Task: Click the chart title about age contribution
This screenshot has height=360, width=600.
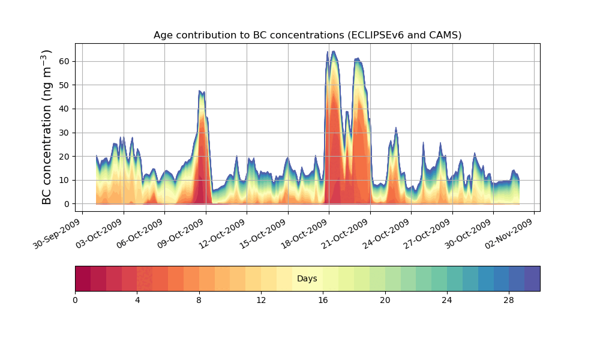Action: point(307,35)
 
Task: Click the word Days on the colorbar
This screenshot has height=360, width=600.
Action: point(307,279)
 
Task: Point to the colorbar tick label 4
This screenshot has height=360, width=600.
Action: point(137,300)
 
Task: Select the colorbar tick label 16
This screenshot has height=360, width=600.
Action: point(323,300)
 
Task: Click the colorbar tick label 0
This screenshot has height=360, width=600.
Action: point(76,300)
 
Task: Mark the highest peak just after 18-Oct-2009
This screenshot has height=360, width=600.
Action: point(334,52)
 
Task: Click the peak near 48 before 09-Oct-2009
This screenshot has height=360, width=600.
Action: point(200,92)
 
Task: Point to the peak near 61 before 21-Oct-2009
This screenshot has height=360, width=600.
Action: point(358,59)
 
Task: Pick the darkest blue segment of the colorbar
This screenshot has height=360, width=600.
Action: point(532,278)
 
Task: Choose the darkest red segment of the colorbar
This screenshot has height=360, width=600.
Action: point(83,278)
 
